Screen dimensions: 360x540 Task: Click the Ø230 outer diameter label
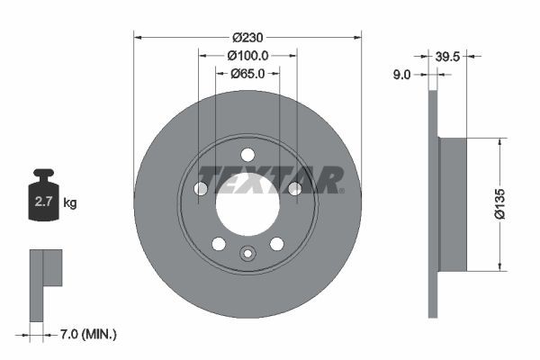pos(247,37)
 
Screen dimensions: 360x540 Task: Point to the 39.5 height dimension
pos(448,56)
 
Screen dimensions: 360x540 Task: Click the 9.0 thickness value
pos(401,76)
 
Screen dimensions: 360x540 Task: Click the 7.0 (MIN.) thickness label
pos(86,334)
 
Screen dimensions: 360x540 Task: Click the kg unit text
pos(69,203)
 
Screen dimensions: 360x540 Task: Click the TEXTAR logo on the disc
pos(270,179)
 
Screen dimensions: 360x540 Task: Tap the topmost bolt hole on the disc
pos(247,154)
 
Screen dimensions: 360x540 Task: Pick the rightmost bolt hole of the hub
pos(293,187)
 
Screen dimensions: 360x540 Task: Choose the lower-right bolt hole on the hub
pos(276,243)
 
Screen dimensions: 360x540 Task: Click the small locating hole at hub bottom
pos(247,253)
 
